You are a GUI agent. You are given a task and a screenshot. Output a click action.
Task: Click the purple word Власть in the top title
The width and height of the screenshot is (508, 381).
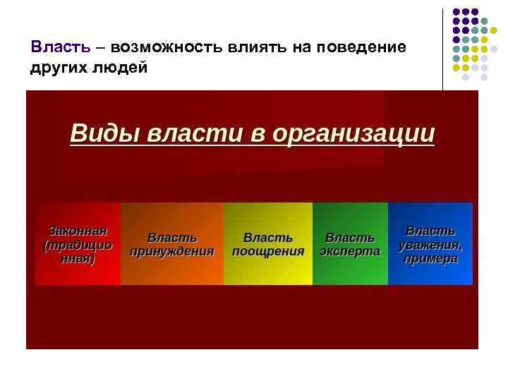(61, 47)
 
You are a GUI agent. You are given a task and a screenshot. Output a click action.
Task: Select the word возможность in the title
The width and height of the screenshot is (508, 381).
(162, 47)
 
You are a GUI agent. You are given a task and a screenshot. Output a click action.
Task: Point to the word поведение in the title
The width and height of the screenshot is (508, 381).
(362, 47)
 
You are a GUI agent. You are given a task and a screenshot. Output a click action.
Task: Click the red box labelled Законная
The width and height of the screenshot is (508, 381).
(78, 244)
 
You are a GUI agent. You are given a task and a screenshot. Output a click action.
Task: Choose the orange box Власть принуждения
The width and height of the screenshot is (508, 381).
(171, 244)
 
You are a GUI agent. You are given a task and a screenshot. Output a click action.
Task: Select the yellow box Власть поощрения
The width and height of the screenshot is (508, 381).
(267, 244)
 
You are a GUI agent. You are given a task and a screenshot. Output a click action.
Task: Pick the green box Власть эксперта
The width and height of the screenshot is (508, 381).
(350, 244)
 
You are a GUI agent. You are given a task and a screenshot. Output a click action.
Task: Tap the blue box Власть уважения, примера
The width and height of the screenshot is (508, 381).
(430, 244)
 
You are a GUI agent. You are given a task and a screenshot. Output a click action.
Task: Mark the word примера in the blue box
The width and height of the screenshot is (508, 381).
(430, 259)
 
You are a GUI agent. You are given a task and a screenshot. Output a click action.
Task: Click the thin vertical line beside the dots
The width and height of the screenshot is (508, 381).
(443, 49)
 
